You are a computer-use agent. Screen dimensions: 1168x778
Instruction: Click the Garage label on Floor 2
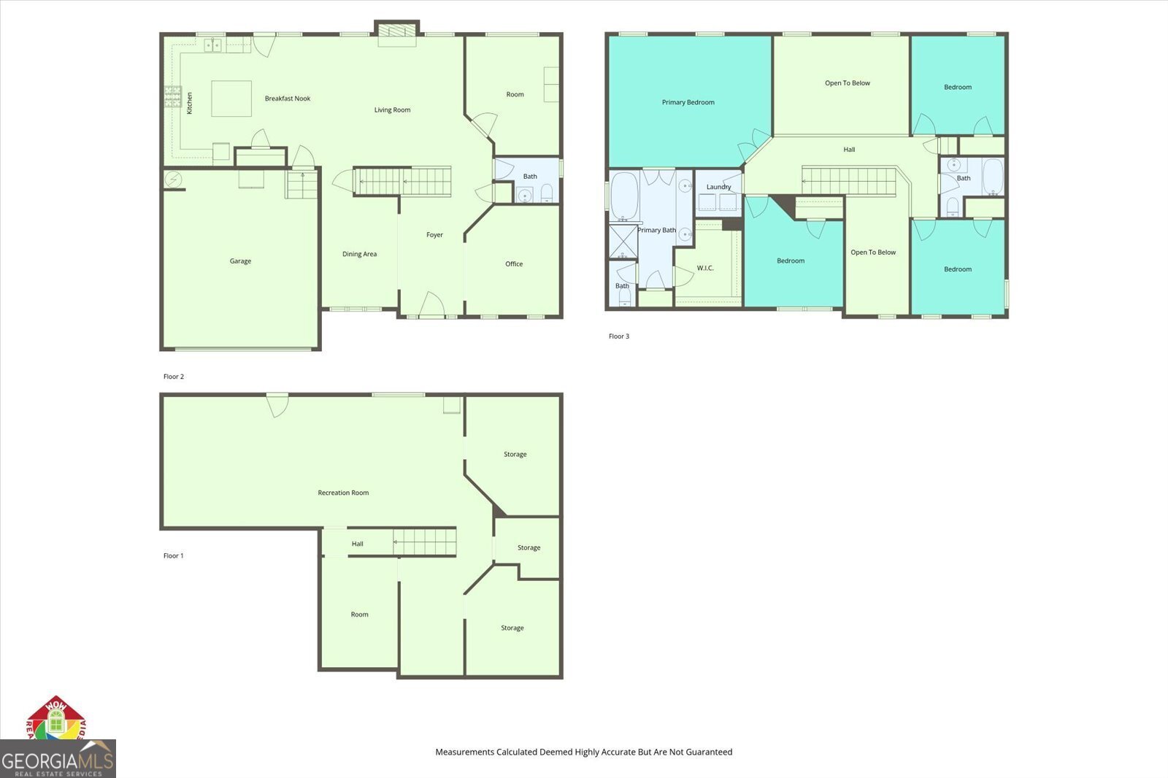tap(240, 261)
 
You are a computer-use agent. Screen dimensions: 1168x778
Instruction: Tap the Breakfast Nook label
tap(288, 98)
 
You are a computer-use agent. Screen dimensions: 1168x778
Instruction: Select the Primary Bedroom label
tap(688, 102)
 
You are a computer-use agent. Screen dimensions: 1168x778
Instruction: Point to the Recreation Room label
tap(343, 492)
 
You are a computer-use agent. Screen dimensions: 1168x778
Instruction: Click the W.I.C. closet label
tap(705, 268)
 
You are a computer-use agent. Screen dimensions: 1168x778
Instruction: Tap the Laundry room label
tap(718, 187)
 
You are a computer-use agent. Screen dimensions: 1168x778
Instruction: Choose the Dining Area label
tap(359, 254)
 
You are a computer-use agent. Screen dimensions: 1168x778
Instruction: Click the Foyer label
tap(434, 235)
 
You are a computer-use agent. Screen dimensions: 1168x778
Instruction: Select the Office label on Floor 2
tap(514, 264)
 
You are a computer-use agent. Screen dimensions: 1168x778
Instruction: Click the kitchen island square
tap(231, 99)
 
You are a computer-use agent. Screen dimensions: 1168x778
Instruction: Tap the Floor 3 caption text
tap(619, 336)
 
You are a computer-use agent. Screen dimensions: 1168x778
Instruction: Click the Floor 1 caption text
tap(173, 556)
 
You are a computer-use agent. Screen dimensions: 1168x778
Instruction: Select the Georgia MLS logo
tap(58, 759)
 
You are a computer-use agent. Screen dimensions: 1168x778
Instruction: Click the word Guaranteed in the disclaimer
tap(709, 752)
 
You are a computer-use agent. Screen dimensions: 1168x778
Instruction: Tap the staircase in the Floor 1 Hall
tap(424, 542)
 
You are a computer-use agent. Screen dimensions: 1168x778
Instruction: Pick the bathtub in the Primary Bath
tap(625, 196)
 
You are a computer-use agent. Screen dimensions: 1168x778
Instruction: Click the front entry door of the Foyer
tap(431, 305)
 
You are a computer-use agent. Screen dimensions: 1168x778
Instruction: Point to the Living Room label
tap(392, 109)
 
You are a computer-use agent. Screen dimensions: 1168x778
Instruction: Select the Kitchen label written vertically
tap(189, 103)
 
